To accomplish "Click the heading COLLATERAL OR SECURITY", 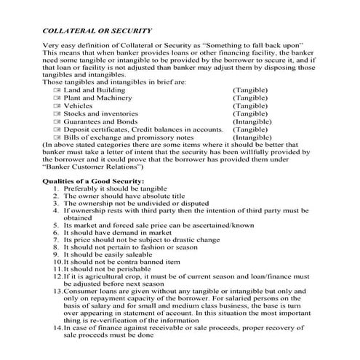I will [x=97, y=31].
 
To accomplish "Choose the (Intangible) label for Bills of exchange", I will [x=252, y=137].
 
